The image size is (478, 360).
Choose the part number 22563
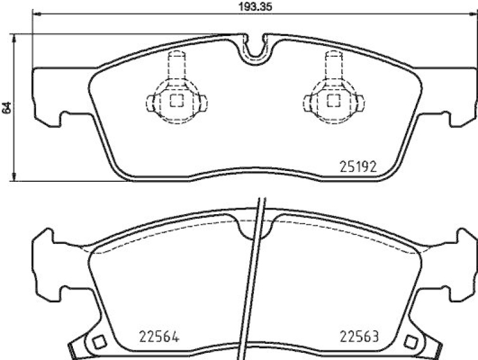point(360,336)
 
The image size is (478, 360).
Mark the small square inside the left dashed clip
point(176,100)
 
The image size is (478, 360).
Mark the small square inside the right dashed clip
point(333,100)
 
